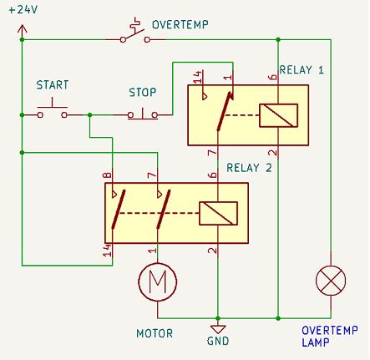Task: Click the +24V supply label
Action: pyautogui.click(x=23, y=10)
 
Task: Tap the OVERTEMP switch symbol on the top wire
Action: pyautogui.click(x=134, y=34)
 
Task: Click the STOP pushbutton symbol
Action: pyautogui.click(x=142, y=112)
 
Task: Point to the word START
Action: pyautogui.click(x=52, y=86)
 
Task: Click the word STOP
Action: pyautogui.click(x=143, y=91)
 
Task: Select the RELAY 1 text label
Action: pyautogui.click(x=303, y=70)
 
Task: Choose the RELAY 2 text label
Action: pyautogui.click(x=250, y=166)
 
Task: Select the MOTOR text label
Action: pyautogui.click(x=154, y=333)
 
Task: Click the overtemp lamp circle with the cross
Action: pyautogui.click(x=331, y=281)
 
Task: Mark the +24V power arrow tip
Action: pyautogui.click(x=23, y=26)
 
